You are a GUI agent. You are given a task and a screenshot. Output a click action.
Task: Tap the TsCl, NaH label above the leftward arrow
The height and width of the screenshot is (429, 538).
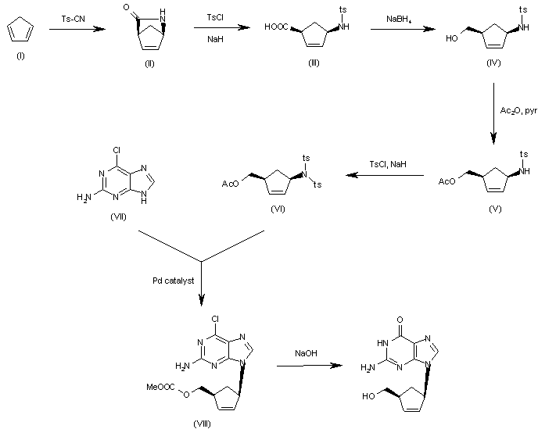384,164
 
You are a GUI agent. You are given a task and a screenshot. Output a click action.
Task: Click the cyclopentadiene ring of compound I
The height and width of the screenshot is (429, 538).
19,33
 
